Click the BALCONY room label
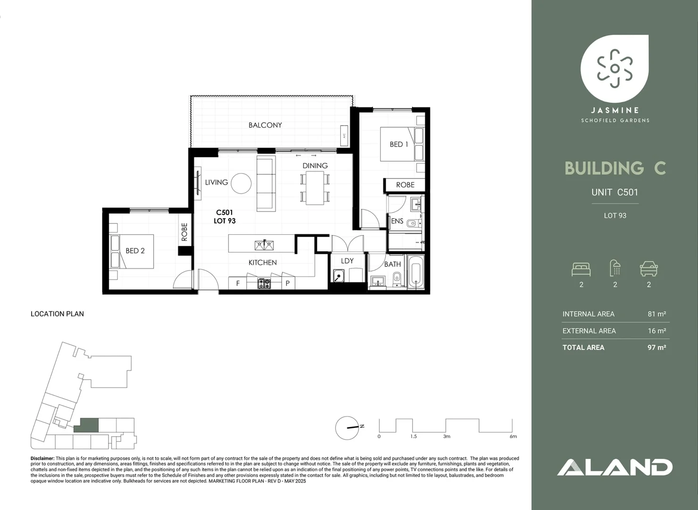[265, 125]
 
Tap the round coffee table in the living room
[241, 183]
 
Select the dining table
[315, 187]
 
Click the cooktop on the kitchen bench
[264, 284]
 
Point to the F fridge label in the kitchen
[238, 283]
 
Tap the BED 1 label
[398, 144]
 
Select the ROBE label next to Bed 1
[405, 185]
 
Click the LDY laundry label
[347, 261]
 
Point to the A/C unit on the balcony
[344, 136]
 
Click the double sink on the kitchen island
[264, 245]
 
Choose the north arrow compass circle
[347, 428]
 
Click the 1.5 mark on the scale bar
[413, 436]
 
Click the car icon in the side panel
[648, 269]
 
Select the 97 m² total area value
[656, 348]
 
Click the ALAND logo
[614, 467]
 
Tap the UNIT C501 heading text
[614, 192]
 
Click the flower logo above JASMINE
[614, 68]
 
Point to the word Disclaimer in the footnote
[42, 459]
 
